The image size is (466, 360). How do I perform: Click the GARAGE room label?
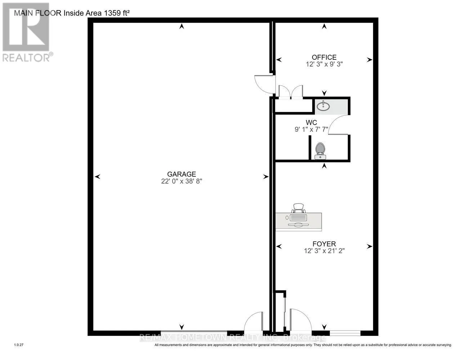pos(182,174)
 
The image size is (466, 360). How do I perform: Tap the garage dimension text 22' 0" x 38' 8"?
pos(182,181)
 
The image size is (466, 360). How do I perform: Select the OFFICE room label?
pos(324,57)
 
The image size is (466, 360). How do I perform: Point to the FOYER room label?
pos(324,244)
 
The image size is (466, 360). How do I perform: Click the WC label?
pos(311,122)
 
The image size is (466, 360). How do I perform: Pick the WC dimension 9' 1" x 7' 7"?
pos(312,130)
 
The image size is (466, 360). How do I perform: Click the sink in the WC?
pos(323,106)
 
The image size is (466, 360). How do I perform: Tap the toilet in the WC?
pos(320,151)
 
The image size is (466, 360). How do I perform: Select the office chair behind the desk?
pos(298,208)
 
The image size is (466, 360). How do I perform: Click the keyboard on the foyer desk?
pos(298,218)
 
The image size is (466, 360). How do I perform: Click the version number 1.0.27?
pos(19,345)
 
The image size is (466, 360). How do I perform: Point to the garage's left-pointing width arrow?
pos(97,176)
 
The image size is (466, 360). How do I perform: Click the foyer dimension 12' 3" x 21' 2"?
pos(324,251)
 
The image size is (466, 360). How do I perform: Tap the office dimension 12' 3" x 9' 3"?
pos(324,64)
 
